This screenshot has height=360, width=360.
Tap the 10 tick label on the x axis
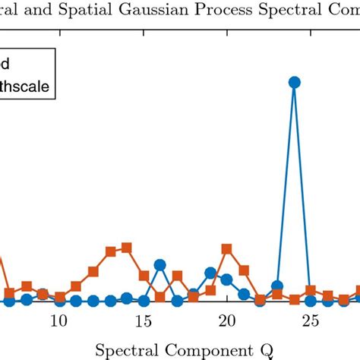point(58,321)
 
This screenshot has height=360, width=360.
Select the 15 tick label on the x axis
point(143,321)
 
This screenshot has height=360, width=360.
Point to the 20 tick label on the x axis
point(226,321)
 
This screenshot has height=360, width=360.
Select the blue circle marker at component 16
point(159,265)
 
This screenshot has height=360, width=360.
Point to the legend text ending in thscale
point(26,87)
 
